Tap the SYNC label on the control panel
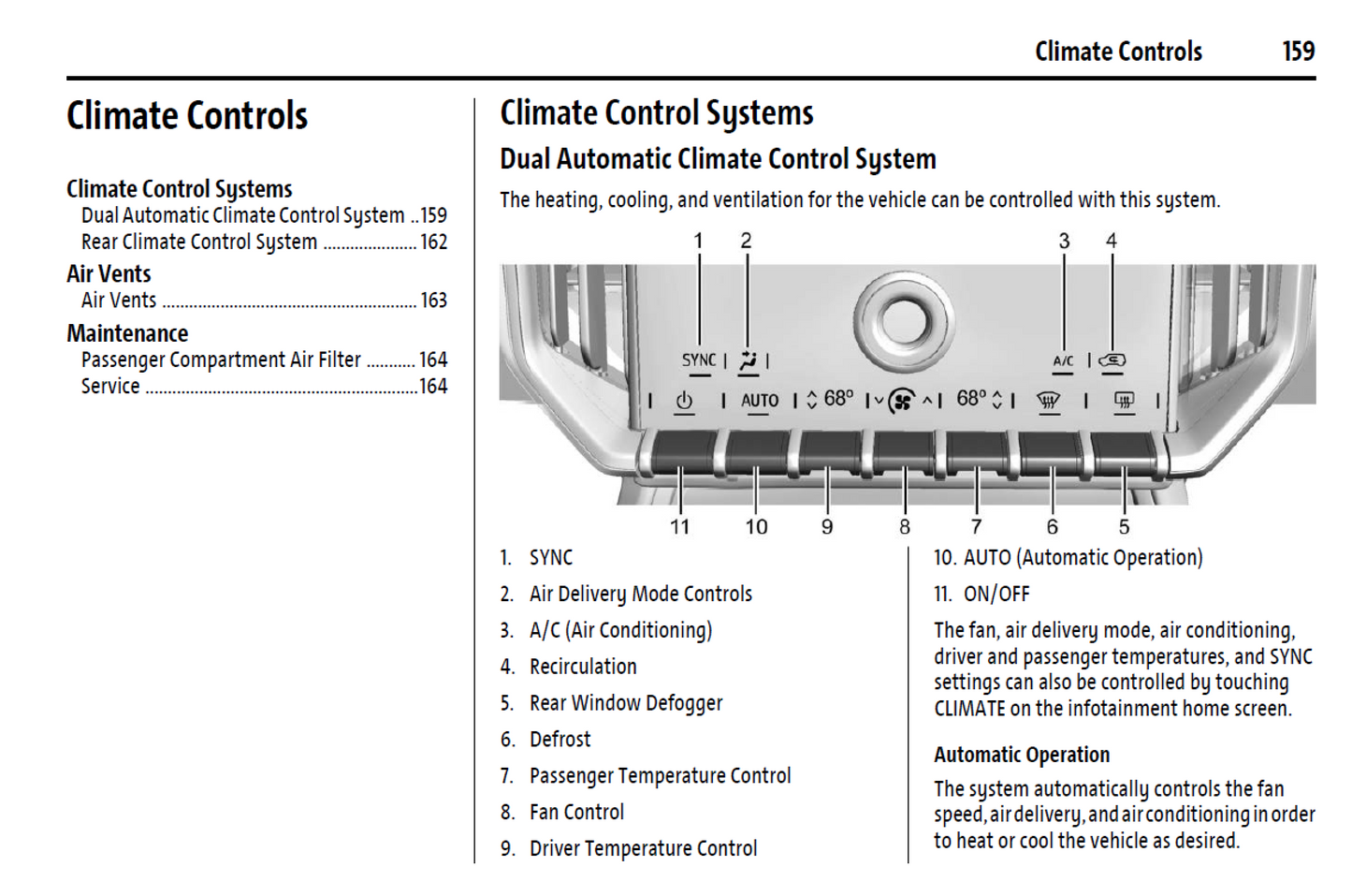tap(698, 360)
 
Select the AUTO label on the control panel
tap(759, 401)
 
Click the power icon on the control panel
tap(684, 401)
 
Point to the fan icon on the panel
tap(901, 402)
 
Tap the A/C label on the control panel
tap(1063, 360)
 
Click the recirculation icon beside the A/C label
tap(1112, 360)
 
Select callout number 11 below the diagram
tap(679, 527)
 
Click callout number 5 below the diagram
tap(1124, 527)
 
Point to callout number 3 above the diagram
tap(1064, 242)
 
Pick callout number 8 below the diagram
tap(905, 527)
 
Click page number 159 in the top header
tap(1298, 51)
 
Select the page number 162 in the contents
tap(433, 242)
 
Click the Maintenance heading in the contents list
tap(127, 333)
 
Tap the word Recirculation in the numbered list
tap(583, 667)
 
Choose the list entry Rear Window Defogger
tap(625, 703)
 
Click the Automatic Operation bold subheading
tap(1021, 755)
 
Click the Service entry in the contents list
tap(110, 387)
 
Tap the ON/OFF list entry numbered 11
tap(996, 595)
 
